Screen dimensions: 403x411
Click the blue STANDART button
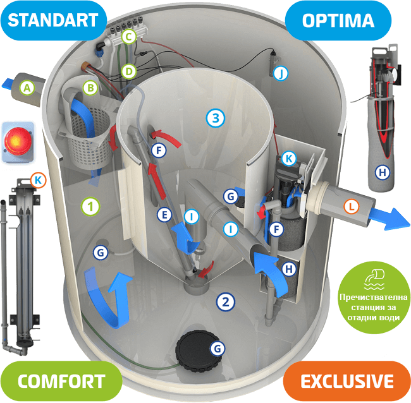[53, 18]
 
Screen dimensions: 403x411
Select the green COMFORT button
[61, 381]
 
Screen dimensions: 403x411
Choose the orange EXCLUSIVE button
[347, 381]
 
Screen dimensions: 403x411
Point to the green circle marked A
[27, 88]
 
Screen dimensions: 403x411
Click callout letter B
[90, 87]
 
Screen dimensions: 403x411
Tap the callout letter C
[128, 37]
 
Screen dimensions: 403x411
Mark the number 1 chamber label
[92, 205]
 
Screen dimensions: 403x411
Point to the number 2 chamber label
[224, 301]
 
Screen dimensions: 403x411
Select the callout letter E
[164, 215]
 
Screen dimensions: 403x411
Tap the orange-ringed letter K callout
[39, 181]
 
